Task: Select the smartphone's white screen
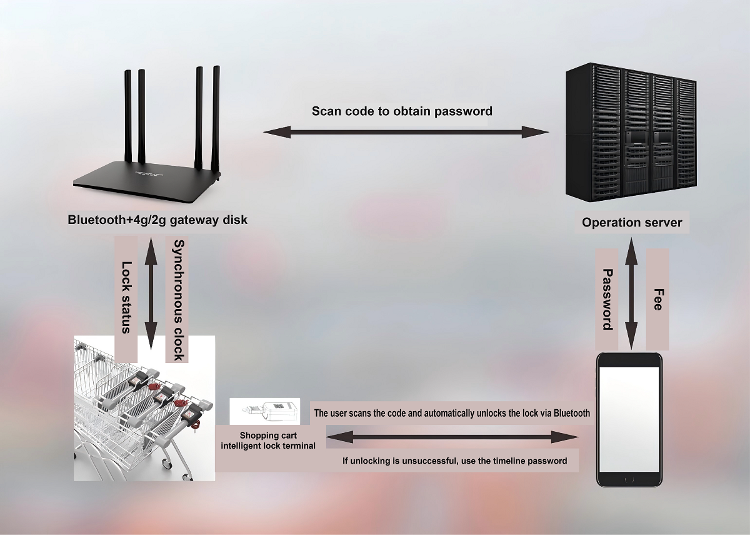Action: point(629,419)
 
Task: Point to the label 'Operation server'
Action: point(632,222)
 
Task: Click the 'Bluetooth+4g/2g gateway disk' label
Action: point(157,220)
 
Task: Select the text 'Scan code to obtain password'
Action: point(402,111)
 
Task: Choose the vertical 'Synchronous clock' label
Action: point(178,300)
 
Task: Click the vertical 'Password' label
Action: point(606,299)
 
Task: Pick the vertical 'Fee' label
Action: point(657,299)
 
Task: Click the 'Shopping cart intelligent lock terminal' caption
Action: point(267,441)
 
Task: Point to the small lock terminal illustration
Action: point(265,412)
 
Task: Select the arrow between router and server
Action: point(406,131)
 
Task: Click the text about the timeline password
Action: point(454,461)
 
